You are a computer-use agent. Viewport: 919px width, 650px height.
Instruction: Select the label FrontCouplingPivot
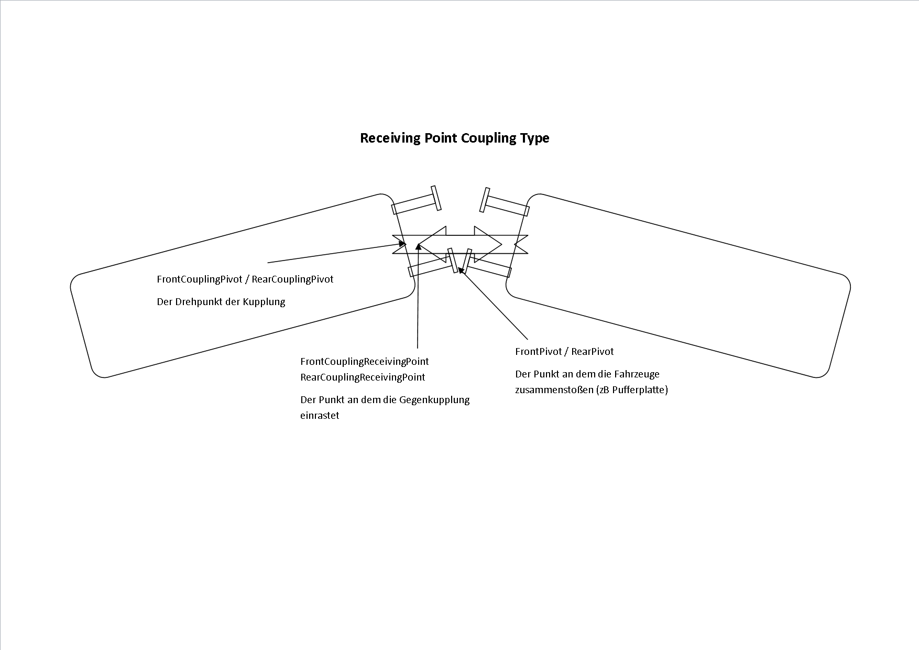click(200, 279)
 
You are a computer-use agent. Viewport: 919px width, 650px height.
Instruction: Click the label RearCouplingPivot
click(292, 279)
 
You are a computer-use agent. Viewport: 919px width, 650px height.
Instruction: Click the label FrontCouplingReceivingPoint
click(364, 362)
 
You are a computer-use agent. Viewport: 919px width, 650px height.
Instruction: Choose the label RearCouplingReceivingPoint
click(363, 377)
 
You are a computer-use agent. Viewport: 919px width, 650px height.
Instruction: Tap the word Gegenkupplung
click(434, 400)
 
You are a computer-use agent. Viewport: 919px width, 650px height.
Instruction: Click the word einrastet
click(320, 416)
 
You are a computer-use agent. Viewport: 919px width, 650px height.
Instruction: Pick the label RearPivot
click(592, 352)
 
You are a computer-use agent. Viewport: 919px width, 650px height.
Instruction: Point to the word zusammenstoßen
click(554, 390)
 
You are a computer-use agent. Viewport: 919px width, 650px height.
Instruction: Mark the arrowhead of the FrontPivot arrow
click(461, 270)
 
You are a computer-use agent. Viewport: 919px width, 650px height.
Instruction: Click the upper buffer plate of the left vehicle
click(436, 199)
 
